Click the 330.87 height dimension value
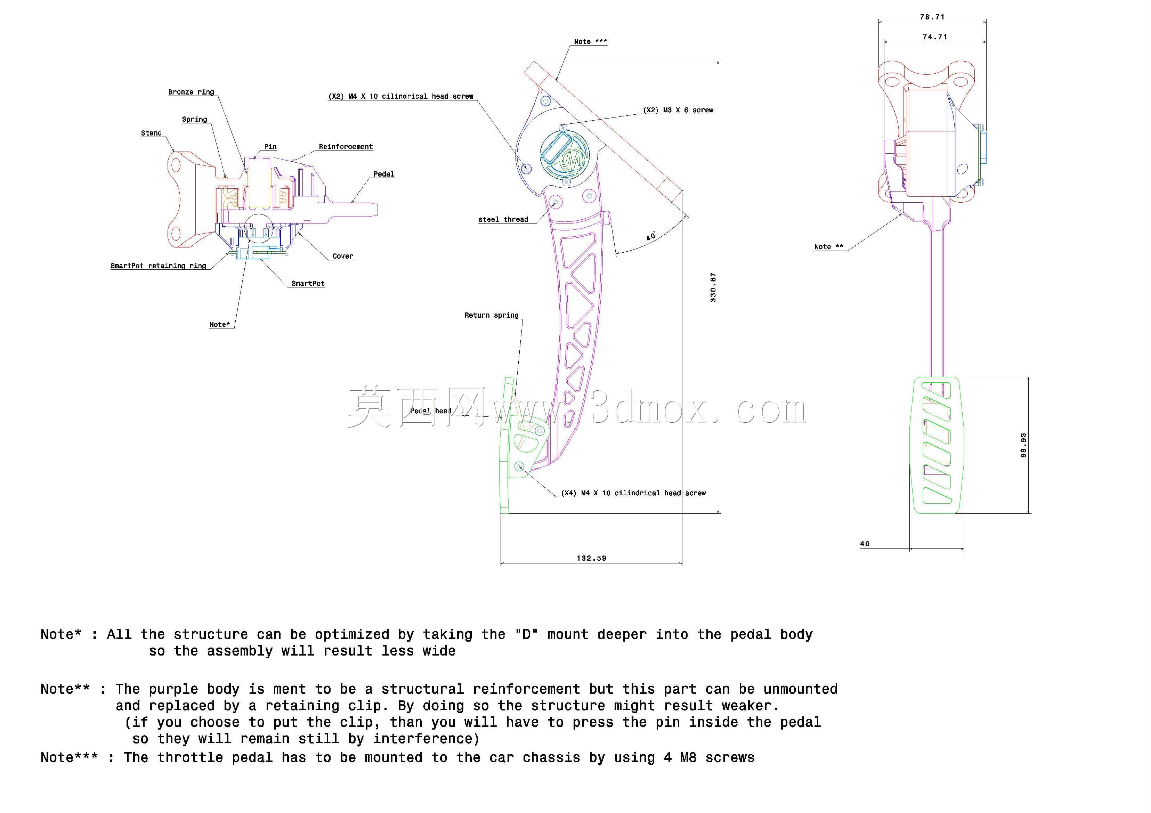click(713, 287)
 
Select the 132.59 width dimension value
click(592, 558)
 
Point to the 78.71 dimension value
click(932, 17)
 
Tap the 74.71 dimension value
click(935, 36)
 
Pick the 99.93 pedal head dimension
click(1023, 445)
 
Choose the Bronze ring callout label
click(191, 92)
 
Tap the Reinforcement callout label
click(346, 147)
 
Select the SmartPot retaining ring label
click(159, 266)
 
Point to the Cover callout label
click(343, 256)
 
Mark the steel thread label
click(503, 220)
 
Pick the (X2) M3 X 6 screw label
click(678, 110)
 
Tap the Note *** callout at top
click(591, 42)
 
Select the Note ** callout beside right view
click(829, 246)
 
